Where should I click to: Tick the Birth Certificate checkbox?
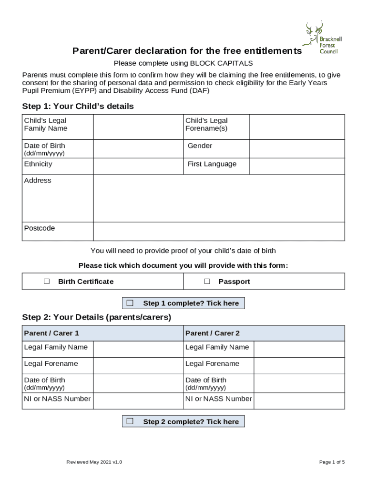click(47, 281)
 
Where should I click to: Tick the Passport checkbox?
click(207, 281)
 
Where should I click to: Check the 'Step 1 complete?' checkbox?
click(130, 303)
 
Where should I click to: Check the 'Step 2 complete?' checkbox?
click(130, 421)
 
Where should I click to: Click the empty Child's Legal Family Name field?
click(138, 127)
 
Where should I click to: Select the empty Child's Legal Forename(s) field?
click(296, 127)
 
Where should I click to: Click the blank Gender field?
click(296, 148)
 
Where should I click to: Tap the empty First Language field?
click(296, 166)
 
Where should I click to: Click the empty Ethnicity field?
click(138, 166)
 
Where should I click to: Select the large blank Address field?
click(218, 198)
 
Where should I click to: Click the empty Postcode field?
click(218, 231)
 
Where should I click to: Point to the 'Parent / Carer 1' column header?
click(51, 333)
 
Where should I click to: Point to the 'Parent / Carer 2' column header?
click(213, 333)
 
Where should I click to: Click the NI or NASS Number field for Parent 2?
click(298, 400)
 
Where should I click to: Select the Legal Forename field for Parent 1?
click(138, 365)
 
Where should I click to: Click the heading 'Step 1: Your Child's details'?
click(78, 106)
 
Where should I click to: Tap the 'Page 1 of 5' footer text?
click(332, 462)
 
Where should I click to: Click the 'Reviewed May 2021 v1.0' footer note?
click(94, 462)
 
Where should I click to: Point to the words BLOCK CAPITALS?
click(222, 63)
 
